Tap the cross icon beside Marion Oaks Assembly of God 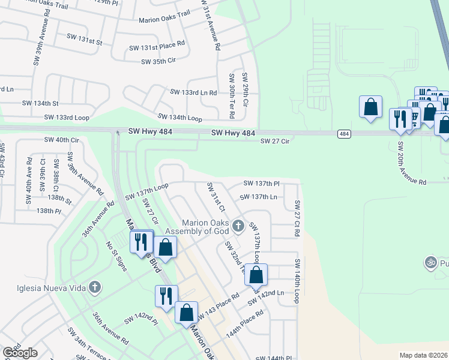[x=238, y=226]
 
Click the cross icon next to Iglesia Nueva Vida [x=94, y=287]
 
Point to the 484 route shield [x=343, y=133]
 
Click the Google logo [x=20, y=353]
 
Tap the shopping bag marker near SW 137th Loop [x=256, y=275]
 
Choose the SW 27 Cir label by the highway [x=275, y=141]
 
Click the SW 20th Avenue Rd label [x=411, y=163]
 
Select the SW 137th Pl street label [x=261, y=183]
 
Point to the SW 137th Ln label [x=258, y=197]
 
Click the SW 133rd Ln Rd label [x=193, y=92]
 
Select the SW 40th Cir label [x=61, y=140]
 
